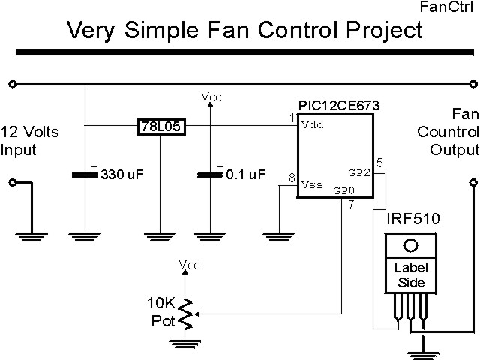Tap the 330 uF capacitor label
click(x=122, y=175)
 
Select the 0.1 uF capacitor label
click(x=246, y=175)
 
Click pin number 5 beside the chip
click(x=379, y=162)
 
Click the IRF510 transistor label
click(x=412, y=219)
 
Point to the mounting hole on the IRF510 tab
click(x=409, y=245)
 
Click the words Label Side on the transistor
click(x=409, y=275)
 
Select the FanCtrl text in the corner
click(x=451, y=8)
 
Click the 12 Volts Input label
click(x=30, y=140)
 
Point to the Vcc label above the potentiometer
click(x=189, y=264)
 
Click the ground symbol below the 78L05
click(x=161, y=235)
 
